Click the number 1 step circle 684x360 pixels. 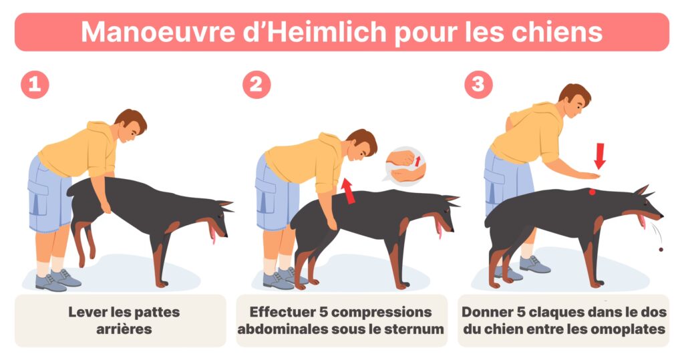click(35, 84)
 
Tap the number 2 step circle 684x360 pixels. click(256, 84)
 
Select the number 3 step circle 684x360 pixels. click(478, 84)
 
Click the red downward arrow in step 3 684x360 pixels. click(600, 156)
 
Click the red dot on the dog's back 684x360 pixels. click(592, 192)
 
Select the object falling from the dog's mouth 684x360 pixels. click(661, 250)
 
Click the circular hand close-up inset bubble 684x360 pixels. click(405, 166)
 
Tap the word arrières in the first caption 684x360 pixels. click(124, 329)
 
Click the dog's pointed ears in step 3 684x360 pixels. click(643, 191)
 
